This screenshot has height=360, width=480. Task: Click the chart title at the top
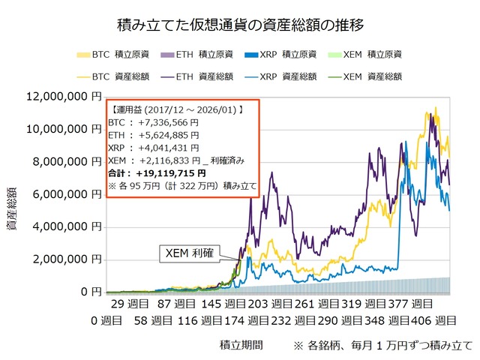pyautogui.click(x=241, y=25)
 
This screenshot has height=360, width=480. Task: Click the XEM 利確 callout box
pyautogui.click(x=188, y=253)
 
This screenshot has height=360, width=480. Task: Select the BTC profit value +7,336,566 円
pyautogui.click(x=163, y=122)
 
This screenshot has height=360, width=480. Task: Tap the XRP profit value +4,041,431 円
pyautogui.click(x=163, y=148)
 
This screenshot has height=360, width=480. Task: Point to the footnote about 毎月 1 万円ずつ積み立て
pyautogui.click(x=384, y=346)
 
